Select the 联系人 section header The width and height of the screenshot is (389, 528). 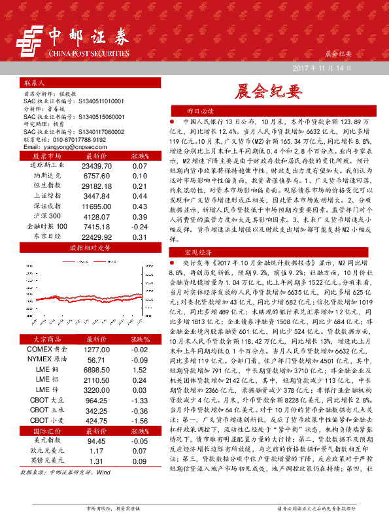click(34, 84)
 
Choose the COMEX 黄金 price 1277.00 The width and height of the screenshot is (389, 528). click(96, 350)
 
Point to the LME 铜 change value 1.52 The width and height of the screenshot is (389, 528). click(138, 370)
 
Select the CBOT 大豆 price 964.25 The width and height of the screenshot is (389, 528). click(96, 400)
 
